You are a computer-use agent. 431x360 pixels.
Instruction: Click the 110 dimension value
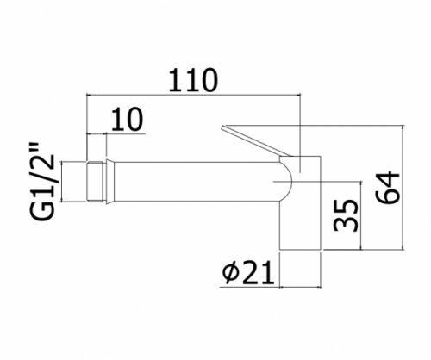(193, 80)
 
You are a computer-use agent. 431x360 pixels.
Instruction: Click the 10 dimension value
(127, 119)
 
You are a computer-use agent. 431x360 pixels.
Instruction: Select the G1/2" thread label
(41, 181)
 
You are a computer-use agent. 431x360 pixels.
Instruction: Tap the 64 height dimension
(387, 188)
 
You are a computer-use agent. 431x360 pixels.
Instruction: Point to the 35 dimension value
(347, 215)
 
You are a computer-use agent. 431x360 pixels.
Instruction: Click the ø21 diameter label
(248, 272)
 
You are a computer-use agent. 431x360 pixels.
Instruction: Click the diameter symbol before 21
(230, 273)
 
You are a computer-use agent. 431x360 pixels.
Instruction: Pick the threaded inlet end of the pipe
(94, 182)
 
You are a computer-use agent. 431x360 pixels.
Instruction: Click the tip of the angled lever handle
(222, 127)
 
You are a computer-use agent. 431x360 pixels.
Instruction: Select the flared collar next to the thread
(109, 182)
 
